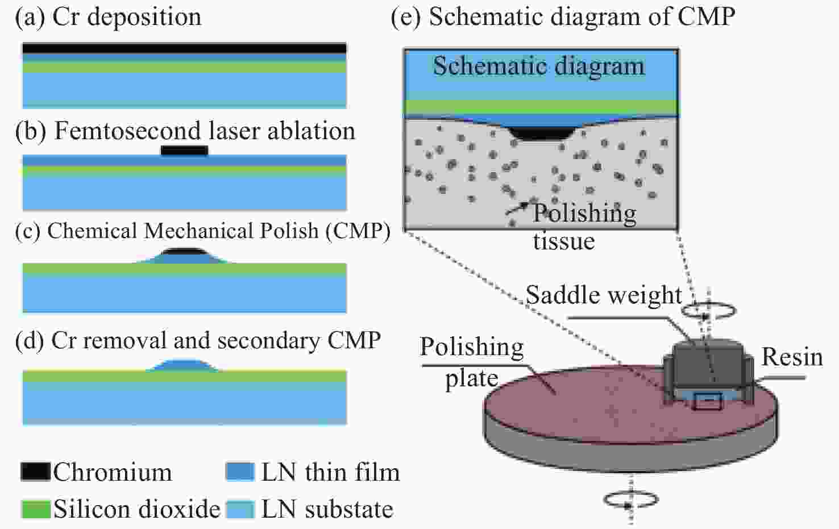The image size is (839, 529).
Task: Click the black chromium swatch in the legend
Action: [x=36, y=472]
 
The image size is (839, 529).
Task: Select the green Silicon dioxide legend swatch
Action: [x=36, y=509]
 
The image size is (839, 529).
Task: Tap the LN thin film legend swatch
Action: [x=240, y=472]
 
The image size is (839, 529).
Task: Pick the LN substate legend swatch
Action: [x=240, y=509]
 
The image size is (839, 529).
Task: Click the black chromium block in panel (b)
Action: [x=184, y=150]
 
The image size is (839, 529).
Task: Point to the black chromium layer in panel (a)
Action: [x=184, y=48]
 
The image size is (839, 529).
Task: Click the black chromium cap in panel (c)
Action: [x=185, y=251]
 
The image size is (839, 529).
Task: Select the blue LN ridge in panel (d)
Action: [x=183, y=365]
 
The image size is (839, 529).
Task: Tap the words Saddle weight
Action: [x=604, y=295]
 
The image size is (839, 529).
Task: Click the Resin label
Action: [x=792, y=357]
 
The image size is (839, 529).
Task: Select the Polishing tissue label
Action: [x=584, y=226]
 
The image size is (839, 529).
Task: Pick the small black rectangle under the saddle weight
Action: [x=707, y=401]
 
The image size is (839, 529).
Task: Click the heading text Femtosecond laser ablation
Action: [x=205, y=131]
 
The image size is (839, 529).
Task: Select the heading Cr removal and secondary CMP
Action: [x=216, y=341]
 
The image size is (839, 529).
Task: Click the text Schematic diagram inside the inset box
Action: [x=539, y=66]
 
